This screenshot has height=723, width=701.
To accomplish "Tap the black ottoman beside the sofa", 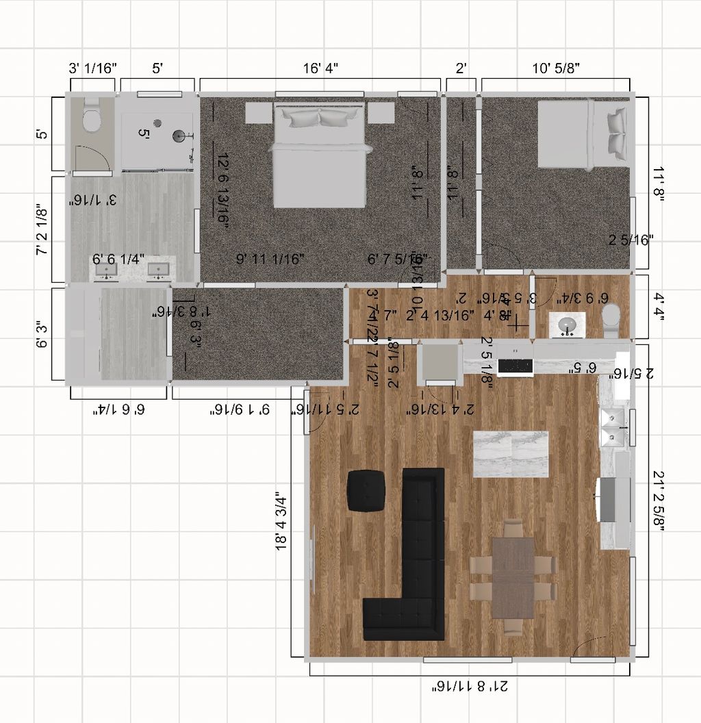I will (367, 490).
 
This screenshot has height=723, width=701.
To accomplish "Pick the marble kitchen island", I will (511, 454).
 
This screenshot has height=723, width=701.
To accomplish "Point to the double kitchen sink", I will (613, 428).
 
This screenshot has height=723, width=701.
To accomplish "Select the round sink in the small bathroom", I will (567, 324).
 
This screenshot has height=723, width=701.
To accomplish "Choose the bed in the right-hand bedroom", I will (582, 134).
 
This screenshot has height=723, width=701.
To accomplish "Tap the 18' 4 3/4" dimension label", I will (281, 520).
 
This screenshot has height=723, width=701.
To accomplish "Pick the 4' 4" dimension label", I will (659, 307).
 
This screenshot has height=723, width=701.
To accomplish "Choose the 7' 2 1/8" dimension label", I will (42, 229).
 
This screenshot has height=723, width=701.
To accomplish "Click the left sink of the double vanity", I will (106, 271).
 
